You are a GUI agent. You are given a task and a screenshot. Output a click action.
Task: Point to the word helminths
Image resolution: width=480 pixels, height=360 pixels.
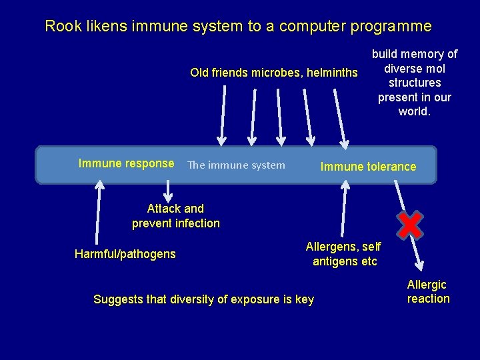(x=332, y=73)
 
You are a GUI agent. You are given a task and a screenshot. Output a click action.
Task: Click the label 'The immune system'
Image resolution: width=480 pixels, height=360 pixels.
(x=236, y=165)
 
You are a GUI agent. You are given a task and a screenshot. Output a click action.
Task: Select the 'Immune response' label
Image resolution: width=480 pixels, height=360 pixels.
(x=126, y=164)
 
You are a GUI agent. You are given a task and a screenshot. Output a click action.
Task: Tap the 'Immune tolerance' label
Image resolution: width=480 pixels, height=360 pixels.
(x=368, y=167)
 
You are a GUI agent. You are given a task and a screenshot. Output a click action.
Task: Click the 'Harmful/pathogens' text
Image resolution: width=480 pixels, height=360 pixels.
(x=125, y=254)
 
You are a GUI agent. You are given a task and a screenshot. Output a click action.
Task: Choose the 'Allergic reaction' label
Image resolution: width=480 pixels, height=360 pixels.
(x=428, y=292)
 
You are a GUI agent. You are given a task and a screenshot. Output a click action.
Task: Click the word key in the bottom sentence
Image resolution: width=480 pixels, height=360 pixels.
(x=305, y=299)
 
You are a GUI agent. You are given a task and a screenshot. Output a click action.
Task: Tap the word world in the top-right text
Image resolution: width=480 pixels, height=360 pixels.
(x=414, y=111)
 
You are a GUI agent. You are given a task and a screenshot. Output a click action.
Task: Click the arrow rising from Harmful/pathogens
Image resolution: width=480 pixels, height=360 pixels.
(x=99, y=213)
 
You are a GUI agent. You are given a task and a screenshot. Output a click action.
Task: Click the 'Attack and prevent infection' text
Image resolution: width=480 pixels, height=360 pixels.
(x=175, y=216)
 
